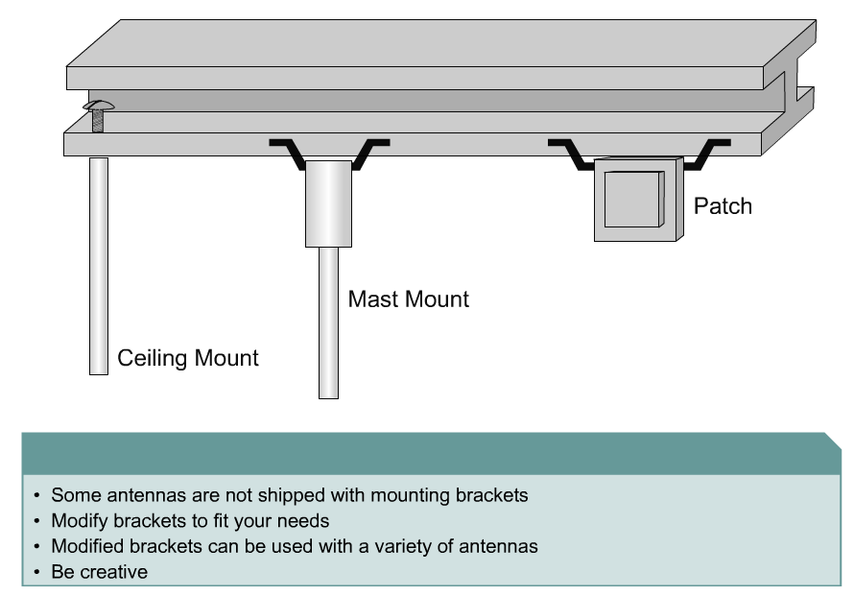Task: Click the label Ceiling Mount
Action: (188, 359)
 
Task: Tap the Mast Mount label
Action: (409, 299)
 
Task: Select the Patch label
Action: (723, 206)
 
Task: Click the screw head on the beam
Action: (97, 104)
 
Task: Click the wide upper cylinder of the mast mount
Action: (328, 203)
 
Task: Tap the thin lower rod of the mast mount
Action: (328, 322)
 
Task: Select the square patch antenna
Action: (634, 199)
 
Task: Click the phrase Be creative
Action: (100, 571)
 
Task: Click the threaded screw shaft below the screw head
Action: (97, 121)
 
